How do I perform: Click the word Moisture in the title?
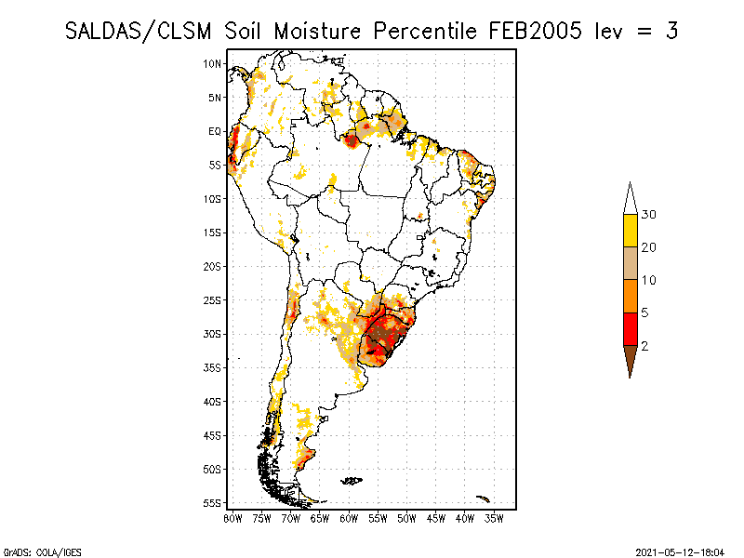click(x=317, y=32)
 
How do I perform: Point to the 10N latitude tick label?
click(x=212, y=64)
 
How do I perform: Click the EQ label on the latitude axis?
click(x=215, y=131)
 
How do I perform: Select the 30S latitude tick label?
click(x=212, y=334)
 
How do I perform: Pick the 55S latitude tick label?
click(x=212, y=503)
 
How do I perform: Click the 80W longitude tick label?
click(x=232, y=519)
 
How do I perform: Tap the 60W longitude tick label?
click(x=349, y=519)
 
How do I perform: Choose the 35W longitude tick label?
click(x=494, y=519)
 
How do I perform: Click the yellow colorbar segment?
click(x=631, y=231)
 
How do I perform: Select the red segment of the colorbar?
click(x=631, y=329)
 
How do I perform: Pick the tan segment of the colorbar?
click(x=631, y=263)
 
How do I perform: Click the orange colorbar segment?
click(x=631, y=297)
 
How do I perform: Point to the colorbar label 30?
click(x=648, y=215)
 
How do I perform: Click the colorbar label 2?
click(x=644, y=346)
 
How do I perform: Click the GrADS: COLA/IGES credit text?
click(x=43, y=552)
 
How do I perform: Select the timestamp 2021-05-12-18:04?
click(x=680, y=552)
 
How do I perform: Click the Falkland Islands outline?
click(x=352, y=481)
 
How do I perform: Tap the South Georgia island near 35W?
click(x=483, y=498)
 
